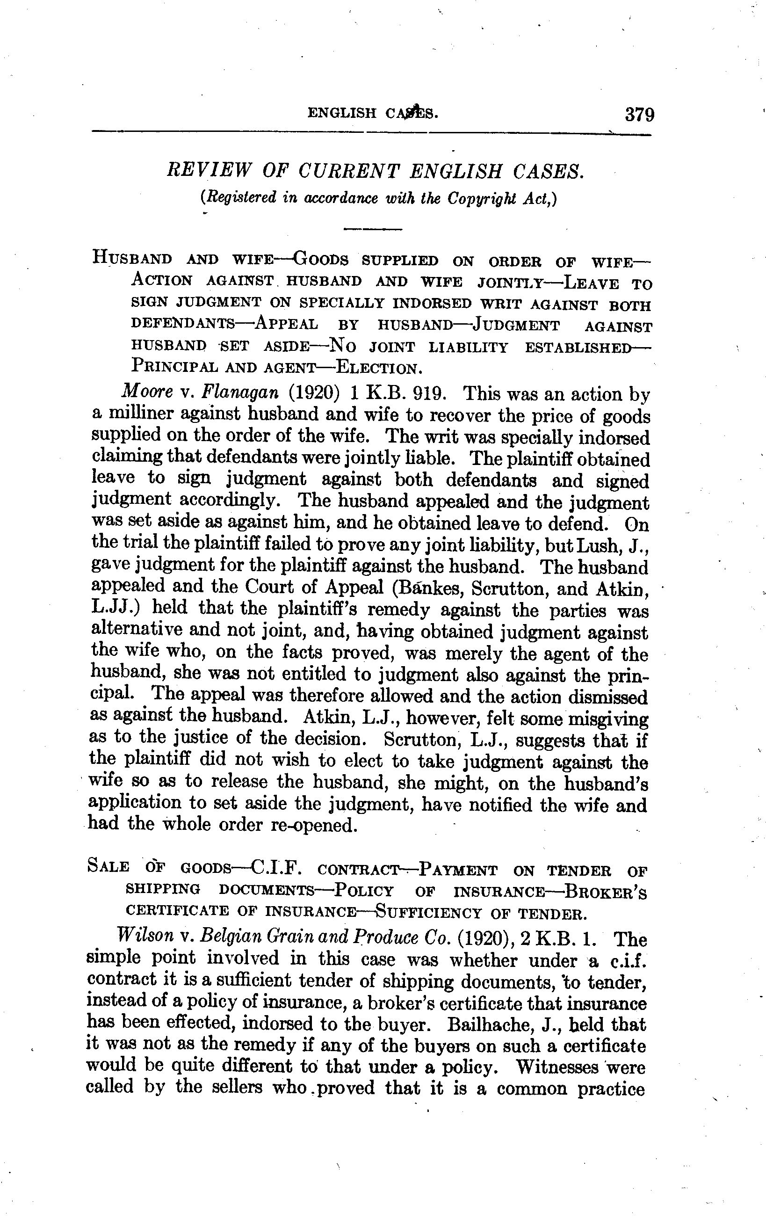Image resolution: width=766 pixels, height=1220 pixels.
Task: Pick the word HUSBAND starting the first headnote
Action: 132,258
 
